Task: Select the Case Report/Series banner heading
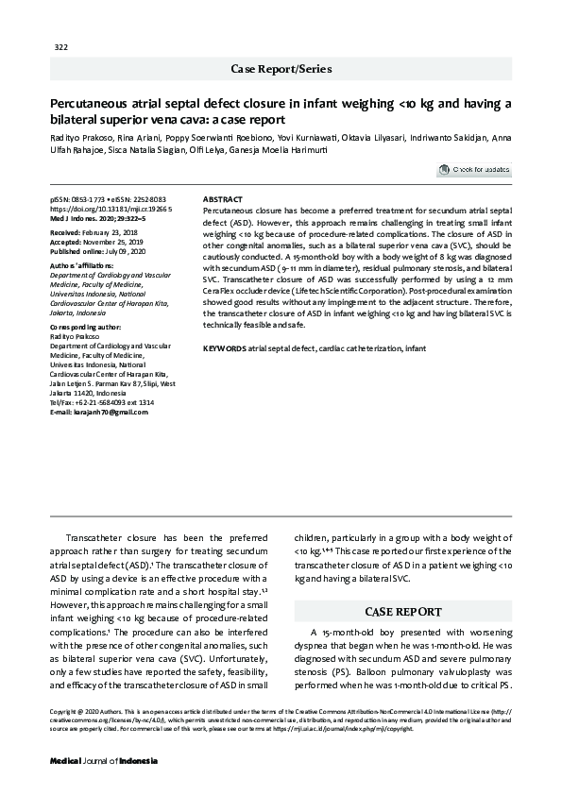point(281,69)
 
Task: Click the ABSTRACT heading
point(223,200)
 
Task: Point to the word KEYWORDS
point(224,349)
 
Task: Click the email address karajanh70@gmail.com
point(98,414)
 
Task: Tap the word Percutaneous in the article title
point(94,104)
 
